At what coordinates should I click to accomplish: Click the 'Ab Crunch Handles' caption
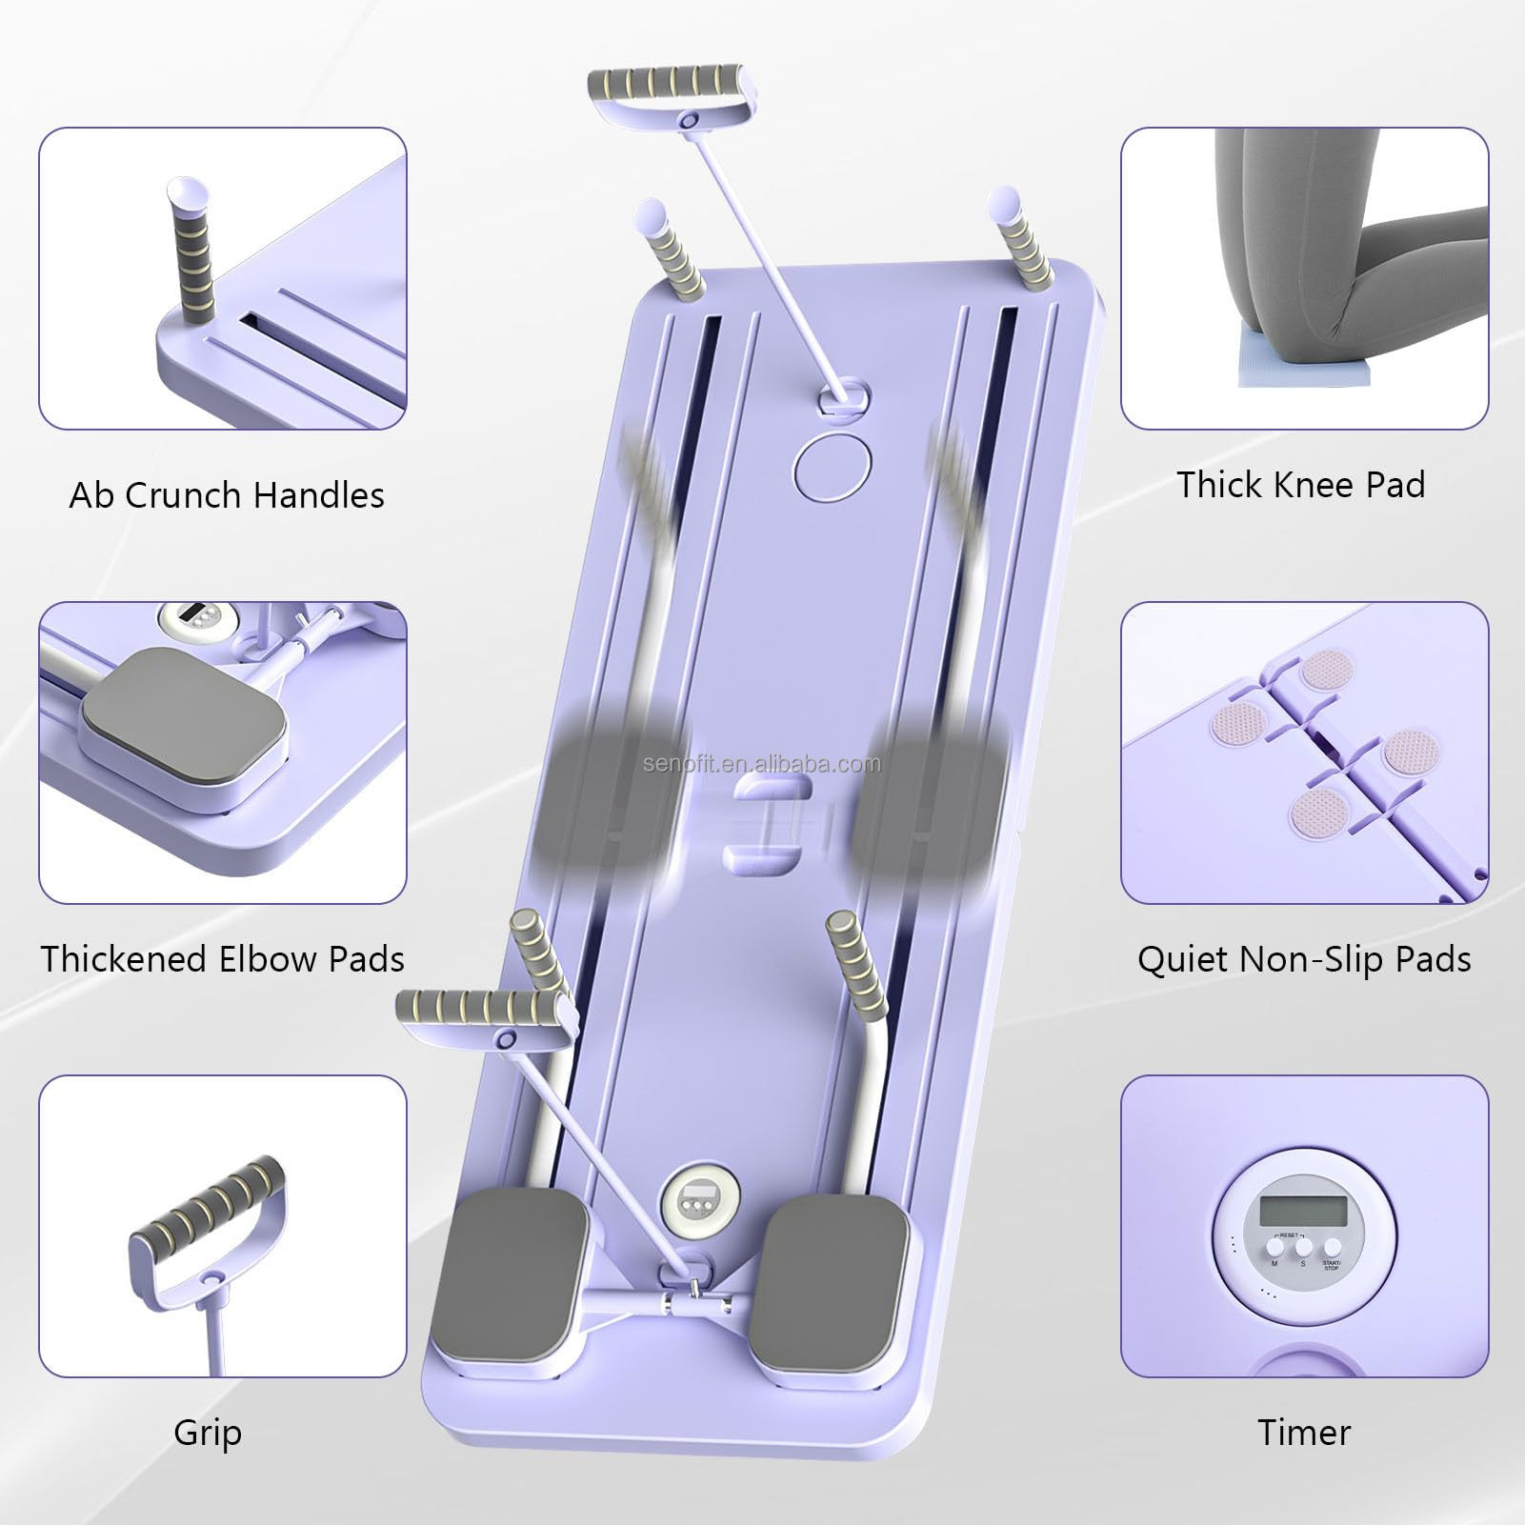227,495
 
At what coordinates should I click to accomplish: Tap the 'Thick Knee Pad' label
1300,485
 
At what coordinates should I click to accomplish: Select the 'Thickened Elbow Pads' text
223,959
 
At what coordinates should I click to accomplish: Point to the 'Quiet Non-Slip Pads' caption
1303,959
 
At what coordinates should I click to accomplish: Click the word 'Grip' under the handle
208,1432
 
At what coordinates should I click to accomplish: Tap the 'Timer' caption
1303,1432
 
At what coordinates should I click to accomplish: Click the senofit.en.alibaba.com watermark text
762,764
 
